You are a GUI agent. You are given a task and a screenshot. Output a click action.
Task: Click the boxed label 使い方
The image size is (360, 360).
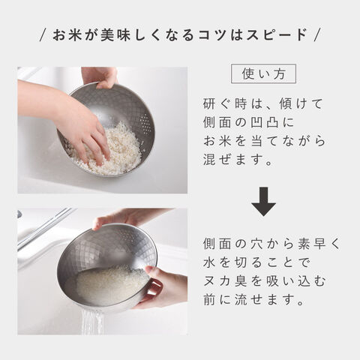263,73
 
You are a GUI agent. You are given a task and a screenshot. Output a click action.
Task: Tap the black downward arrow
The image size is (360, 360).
263,202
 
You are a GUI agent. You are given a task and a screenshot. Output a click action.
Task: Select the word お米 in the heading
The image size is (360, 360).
67,34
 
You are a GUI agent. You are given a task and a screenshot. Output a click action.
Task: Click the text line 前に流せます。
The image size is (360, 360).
253,299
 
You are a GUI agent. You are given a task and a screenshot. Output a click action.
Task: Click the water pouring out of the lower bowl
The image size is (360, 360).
92,322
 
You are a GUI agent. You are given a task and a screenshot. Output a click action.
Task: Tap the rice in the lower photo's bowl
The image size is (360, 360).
111,283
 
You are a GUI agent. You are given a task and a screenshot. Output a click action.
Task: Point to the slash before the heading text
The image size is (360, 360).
43,35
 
